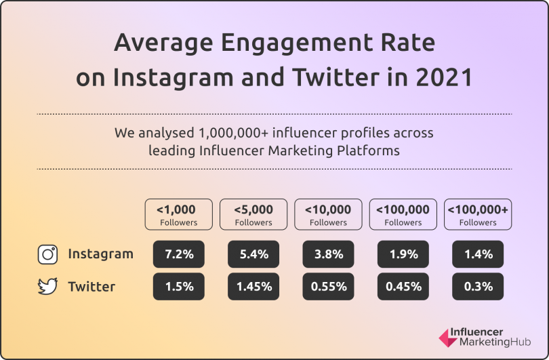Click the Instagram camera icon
[47, 254]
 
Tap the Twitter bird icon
[47, 287]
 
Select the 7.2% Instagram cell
[179, 254]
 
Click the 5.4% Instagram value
[253, 254]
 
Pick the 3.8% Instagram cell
[328, 254]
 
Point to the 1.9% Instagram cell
[403, 254]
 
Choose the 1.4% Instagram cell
[478, 254]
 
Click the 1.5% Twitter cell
[179, 287]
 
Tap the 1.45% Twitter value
[253, 287]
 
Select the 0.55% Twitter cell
[328, 287]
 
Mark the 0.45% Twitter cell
[403, 287]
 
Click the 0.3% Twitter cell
[478, 287]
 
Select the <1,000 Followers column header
[179, 214]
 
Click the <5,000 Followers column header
[253, 214]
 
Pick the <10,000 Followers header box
[328, 214]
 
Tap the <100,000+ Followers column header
[478, 214]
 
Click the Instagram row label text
[100, 254]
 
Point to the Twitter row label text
[91, 287]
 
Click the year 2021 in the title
[445, 77]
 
